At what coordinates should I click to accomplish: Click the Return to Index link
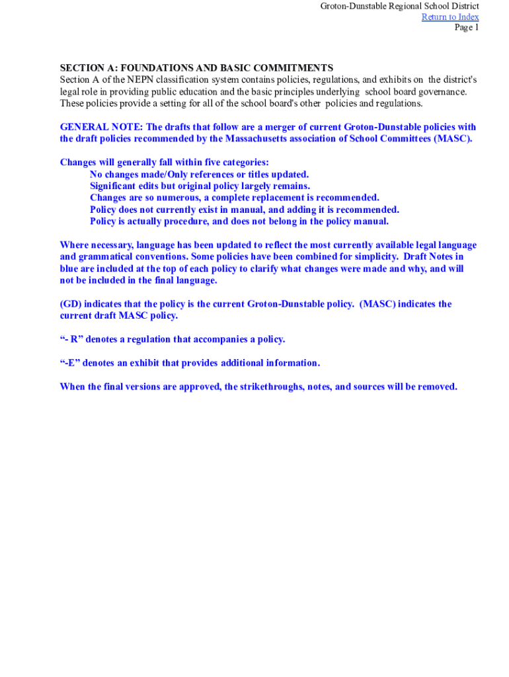pos(450,17)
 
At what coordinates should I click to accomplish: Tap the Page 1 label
pos(466,27)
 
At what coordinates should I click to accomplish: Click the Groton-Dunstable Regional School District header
pos(399,6)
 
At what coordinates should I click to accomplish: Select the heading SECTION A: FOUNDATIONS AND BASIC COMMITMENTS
pos(196,68)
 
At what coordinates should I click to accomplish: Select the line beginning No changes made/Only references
pos(199,175)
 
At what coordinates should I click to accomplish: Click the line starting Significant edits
pos(200,186)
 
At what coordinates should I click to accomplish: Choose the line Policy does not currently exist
pos(244,210)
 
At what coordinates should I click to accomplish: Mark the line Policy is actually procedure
pos(239,221)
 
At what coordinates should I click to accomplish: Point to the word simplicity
pos(372,257)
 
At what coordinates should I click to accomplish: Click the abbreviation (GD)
pos(71,304)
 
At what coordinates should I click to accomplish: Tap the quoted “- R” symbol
pos(71,339)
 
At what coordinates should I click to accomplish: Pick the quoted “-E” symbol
pos(69,363)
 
